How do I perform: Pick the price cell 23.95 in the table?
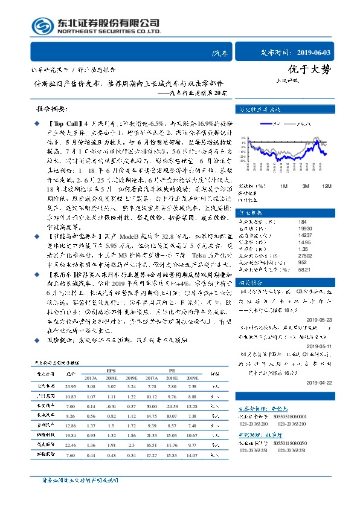coord(70,386)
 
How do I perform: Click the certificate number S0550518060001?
coord(288,417)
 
